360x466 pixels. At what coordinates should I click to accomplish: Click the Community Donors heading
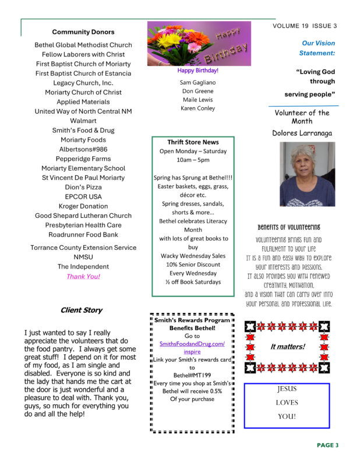[83, 32]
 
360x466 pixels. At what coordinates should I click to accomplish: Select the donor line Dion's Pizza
[83, 187]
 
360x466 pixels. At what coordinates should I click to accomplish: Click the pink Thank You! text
[83, 276]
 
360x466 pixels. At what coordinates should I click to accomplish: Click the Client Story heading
[82, 310]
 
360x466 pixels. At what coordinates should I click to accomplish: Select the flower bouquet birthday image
[199, 44]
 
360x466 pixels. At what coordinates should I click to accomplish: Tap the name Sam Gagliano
[197, 83]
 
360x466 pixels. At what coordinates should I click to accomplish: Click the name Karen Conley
[197, 108]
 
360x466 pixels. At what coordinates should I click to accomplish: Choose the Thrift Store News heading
[193, 142]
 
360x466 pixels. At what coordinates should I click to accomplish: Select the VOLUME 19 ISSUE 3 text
[305, 26]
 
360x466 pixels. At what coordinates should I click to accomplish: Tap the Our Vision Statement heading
[317, 48]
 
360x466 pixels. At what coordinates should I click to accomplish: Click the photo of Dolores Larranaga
[307, 174]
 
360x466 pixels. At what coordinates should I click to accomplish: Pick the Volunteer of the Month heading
[302, 116]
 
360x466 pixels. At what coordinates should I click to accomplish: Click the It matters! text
[287, 347]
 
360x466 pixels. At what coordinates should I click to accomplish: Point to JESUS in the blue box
[287, 389]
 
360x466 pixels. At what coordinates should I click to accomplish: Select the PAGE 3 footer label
[327, 445]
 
